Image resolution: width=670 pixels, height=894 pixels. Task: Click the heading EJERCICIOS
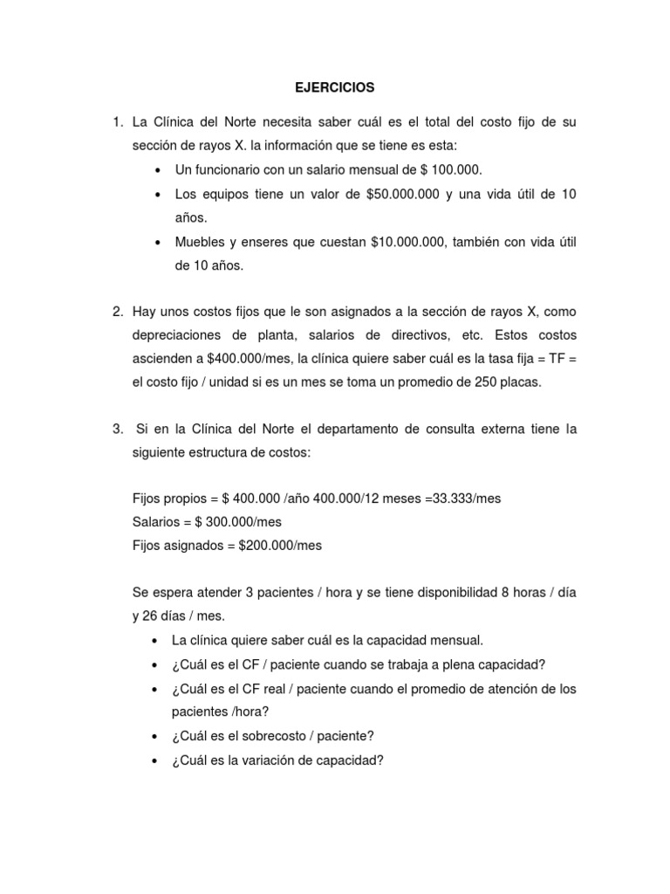(333, 88)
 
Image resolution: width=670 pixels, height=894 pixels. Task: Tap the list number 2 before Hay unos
(117, 312)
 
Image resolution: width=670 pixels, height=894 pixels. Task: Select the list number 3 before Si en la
(117, 429)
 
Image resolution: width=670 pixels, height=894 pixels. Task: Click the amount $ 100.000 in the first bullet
(449, 168)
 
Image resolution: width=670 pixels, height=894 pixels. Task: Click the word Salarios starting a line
(157, 522)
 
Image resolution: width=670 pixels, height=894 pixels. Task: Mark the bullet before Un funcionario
(156, 169)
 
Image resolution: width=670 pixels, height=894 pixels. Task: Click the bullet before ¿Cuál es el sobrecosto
(156, 737)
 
